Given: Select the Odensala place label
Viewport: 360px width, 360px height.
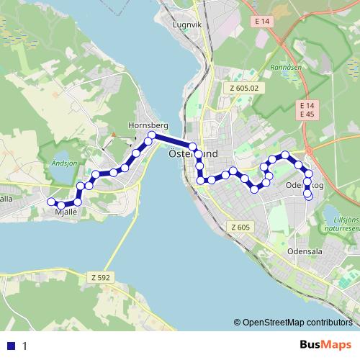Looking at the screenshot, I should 302,253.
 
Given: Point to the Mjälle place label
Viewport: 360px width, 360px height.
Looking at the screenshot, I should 66,212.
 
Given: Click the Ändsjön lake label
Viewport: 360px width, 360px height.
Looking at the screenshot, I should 64,163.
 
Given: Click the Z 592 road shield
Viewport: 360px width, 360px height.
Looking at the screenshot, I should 101,276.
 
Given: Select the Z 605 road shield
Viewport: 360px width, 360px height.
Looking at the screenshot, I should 240,228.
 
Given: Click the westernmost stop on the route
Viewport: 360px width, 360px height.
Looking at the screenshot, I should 50,202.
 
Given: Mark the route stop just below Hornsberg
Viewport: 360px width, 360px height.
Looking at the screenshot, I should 152,135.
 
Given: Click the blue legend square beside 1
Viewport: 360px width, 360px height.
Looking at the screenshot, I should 11,346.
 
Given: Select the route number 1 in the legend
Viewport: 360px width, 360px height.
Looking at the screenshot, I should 24,346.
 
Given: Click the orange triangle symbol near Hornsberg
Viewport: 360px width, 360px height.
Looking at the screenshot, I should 114,134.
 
